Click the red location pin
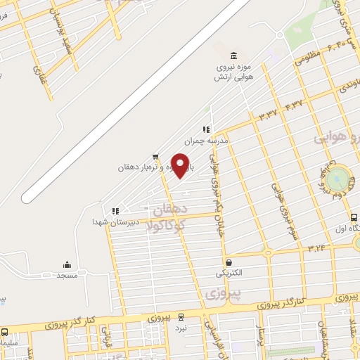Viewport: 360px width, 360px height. (181, 165)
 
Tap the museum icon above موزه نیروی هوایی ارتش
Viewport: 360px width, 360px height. (233, 56)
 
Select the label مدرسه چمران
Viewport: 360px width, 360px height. (208, 141)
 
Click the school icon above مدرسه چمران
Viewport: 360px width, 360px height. (206, 129)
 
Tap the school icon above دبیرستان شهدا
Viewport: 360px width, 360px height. (115, 210)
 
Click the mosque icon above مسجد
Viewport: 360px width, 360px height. (67, 265)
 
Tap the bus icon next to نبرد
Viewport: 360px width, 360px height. (181, 317)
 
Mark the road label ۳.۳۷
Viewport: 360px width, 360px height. (267, 112)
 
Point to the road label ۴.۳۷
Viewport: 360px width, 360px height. (294, 104)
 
